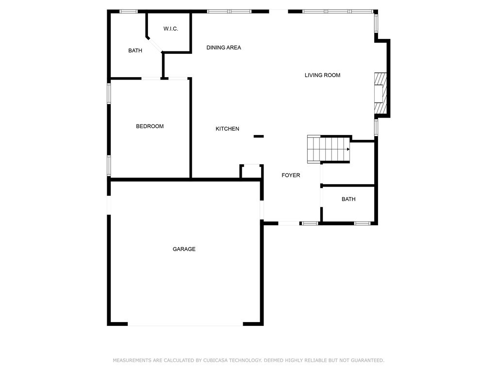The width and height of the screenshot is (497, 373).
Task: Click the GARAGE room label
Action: pos(184,249)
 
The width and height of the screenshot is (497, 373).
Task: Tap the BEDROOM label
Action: pos(149,126)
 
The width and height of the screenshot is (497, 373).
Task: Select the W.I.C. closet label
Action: pos(170,29)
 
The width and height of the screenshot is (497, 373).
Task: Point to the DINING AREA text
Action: pos(224,48)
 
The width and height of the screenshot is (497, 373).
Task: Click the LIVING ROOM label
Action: pos(322,75)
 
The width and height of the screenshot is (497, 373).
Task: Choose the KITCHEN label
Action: pos(227,129)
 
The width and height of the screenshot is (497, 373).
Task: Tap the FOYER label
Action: pos(291,175)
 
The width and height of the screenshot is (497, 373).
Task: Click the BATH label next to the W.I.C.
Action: pos(135,51)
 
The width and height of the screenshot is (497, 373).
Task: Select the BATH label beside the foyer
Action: pos(348,199)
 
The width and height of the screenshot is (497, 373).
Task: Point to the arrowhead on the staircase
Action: pos(348,150)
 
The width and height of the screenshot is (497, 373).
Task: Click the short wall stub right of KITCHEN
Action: pos(258,136)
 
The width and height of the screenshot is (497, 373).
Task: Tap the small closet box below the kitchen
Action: pos(251,172)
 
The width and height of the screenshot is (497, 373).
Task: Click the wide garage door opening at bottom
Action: pos(185,324)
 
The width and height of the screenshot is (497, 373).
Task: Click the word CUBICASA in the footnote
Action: pos(215,360)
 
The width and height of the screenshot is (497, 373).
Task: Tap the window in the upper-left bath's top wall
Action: pos(129,11)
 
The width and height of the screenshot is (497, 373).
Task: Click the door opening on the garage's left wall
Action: pos(109,204)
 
